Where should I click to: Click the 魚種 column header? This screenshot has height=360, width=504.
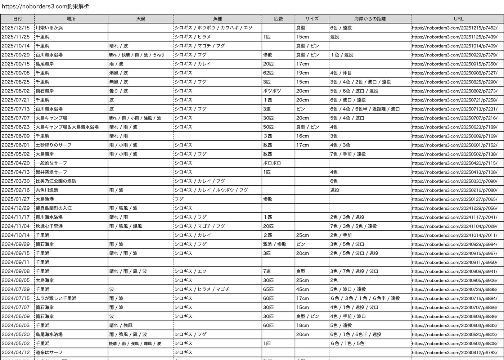click(x=217, y=19)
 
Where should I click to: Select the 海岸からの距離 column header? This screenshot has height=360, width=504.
click(x=370, y=19)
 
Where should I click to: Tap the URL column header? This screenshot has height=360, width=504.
click(x=459, y=19)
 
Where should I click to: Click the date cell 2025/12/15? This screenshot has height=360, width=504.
click(x=16, y=28)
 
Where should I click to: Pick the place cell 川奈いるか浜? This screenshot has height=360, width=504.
click(x=49, y=28)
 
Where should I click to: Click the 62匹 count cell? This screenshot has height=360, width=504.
click(x=268, y=73)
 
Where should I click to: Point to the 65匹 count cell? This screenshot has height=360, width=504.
click(x=268, y=289)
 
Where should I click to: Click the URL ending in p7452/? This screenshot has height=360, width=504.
click(x=454, y=28)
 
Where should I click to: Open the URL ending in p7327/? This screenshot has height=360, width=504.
click(x=454, y=73)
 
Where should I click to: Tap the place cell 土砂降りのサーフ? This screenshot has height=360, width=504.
click(x=54, y=145)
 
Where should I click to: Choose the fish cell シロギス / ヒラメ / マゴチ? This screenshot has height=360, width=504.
click(x=202, y=289)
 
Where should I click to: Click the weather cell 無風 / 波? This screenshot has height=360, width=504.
click(x=118, y=82)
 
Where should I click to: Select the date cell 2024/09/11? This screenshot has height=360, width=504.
click(x=16, y=262)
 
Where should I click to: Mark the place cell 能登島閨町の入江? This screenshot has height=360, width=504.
click(x=54, y=208)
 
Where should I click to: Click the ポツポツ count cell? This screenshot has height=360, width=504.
click(x=272, y=91)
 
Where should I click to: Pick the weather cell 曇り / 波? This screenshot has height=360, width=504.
click(x=118, y=91)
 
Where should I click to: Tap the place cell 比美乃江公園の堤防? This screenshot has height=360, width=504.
click(x=56, y=181)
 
